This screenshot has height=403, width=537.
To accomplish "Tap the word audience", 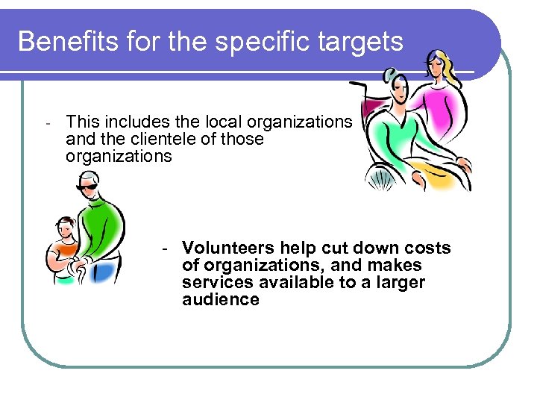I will [220, 300].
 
